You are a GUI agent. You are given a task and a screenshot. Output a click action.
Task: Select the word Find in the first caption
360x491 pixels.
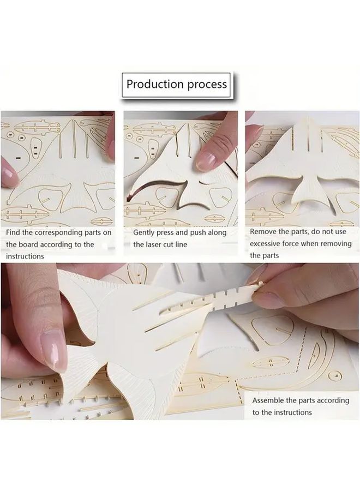(x=15, y=232)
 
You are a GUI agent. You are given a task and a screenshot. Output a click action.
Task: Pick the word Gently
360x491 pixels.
(x=146, y=232)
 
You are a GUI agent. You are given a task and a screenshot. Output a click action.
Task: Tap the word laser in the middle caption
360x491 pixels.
(x=157, y=244)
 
